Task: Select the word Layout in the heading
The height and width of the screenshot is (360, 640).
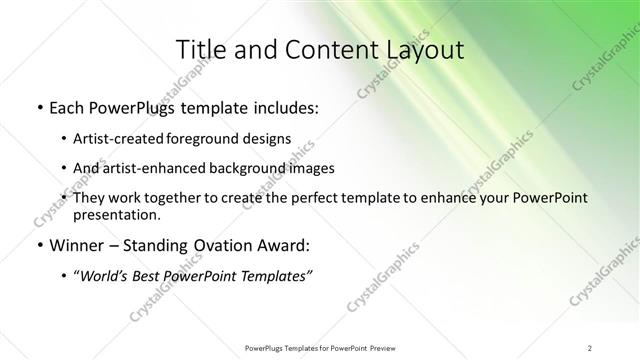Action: pos(423,50)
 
